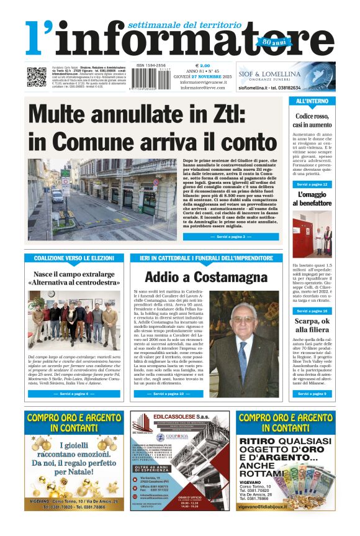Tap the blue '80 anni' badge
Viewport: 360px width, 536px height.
pyautogui.click(x=266, y=42)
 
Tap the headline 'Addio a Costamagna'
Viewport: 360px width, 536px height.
pyautogui.click(x=197, y=277)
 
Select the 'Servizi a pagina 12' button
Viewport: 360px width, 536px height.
pyautogui.click(x=312, y=184)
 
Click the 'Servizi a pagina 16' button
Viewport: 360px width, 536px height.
pyautogui.click(x=312, y=311)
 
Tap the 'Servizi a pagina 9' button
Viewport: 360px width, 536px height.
pyautogui.click(x=312, y=394)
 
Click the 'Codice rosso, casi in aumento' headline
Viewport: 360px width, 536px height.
pyautogui.click(x=312, y=120)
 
